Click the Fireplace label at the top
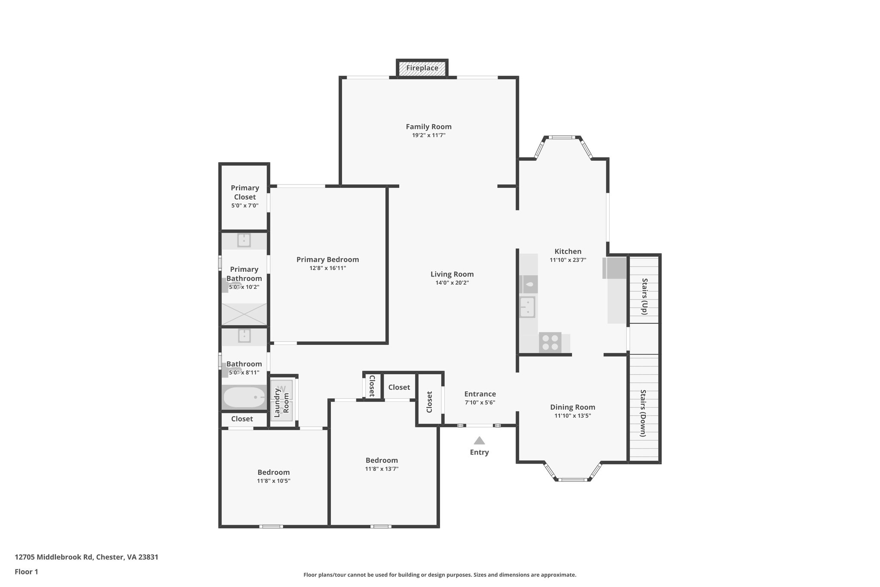point(422,68)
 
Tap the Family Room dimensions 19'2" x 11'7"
point(428,135)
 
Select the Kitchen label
point(568,252)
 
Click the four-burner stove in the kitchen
point(550,343)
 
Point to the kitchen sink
point(527,307)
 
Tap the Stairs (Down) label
point(643,413)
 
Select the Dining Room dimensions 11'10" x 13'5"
point(572,416)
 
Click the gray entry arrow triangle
point(479,441)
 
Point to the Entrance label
point(480,394)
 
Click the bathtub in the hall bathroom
point(243,397)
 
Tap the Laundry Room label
point(281,403)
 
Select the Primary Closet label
point(244,192)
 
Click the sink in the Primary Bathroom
point(244,240)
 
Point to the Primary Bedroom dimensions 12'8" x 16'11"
point(327,268)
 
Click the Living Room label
point(452,274)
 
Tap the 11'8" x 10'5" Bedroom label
point(273,472)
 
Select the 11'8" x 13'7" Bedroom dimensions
point(382,469)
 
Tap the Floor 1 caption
point(26,572)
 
